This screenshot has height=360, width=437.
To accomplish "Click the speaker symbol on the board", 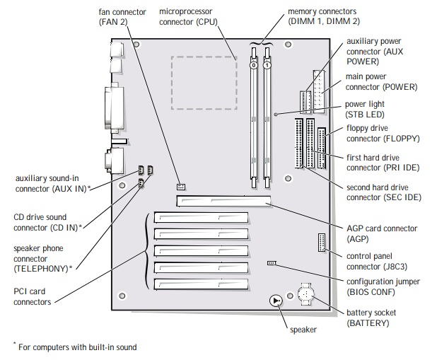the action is tap(276, 301).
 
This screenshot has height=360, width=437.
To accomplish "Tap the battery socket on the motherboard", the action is tap(306, 294).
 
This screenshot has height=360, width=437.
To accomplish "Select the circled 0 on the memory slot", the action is tap(254, 66).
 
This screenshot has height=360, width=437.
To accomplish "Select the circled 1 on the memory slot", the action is tap(267, 66).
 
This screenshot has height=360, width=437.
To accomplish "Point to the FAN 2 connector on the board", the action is tap(181, 187).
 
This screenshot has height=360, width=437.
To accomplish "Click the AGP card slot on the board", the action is tap(223, 201).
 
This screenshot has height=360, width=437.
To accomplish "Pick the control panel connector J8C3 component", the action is tap(322, 243).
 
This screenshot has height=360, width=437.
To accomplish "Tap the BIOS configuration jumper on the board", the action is tap(271, 262).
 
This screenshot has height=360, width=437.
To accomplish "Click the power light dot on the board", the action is tap(276, 114).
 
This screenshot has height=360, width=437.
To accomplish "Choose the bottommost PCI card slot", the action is tap(201, 284).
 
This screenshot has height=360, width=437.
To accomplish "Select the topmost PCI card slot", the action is tap(201, 217).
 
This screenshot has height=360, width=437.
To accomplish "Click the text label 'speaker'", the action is tap(303, 330).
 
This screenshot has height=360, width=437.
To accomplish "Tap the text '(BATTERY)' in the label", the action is tap(368, 323).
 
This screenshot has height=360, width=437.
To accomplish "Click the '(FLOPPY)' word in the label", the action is tap(401, 139).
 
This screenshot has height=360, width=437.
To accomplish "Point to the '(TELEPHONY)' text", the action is tap(41, 269).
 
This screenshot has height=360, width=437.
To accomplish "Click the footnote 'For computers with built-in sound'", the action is tap(78, 347).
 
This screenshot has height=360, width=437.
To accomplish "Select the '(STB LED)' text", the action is tap(365, 115).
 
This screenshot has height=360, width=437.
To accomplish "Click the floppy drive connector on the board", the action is tap(322, 148).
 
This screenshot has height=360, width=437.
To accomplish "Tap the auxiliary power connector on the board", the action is tap(305, 102).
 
